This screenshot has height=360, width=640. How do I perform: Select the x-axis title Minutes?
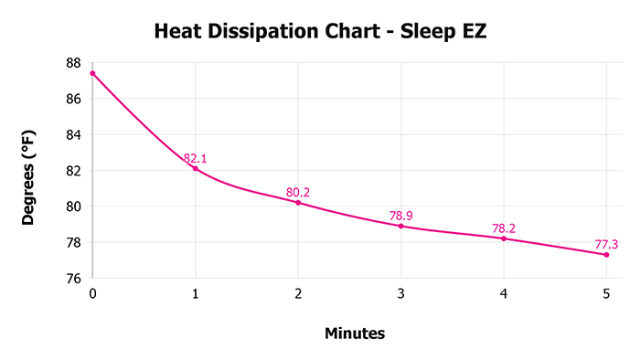point(355,333)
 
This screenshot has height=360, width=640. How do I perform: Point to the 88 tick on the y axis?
point(74,63)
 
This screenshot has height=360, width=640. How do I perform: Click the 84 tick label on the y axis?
point(74,135)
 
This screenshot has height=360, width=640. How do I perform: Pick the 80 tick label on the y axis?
point(74,206)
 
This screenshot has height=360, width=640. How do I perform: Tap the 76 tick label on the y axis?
point(74,279)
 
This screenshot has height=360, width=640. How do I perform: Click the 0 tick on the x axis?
point(92,293)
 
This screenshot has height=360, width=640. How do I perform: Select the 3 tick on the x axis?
point(400,293)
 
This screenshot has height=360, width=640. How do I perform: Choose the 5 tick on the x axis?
point(606,293)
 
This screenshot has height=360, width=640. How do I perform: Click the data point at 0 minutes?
point(92,73)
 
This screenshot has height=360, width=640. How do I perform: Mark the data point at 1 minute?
point(196,168)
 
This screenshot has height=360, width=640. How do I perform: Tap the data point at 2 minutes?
point(298,202)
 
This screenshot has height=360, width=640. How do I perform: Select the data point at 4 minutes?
point(504,238)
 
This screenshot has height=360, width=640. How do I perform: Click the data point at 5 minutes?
point(606,254)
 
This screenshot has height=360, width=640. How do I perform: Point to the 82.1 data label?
point(196,158)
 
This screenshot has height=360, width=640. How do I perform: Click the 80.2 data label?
point(298,192)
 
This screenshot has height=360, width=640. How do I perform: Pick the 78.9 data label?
point(401,216)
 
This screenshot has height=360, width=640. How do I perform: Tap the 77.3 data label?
point(606,244)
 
